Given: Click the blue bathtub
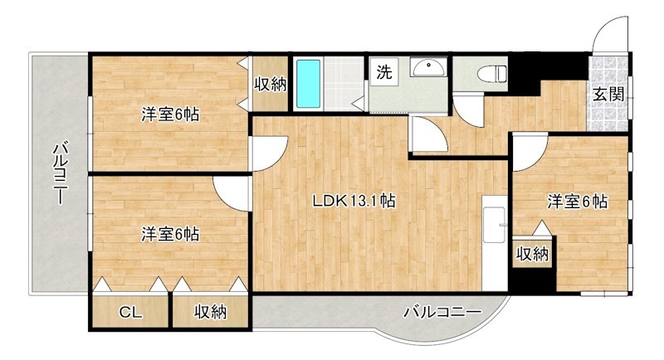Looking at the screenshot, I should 308,85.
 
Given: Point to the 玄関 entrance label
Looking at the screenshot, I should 608,94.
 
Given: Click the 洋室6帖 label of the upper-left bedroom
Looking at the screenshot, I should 169,115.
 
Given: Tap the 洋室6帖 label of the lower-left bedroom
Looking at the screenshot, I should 169,235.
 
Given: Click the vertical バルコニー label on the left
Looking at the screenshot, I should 60,173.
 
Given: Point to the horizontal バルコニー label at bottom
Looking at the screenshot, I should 442,313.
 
